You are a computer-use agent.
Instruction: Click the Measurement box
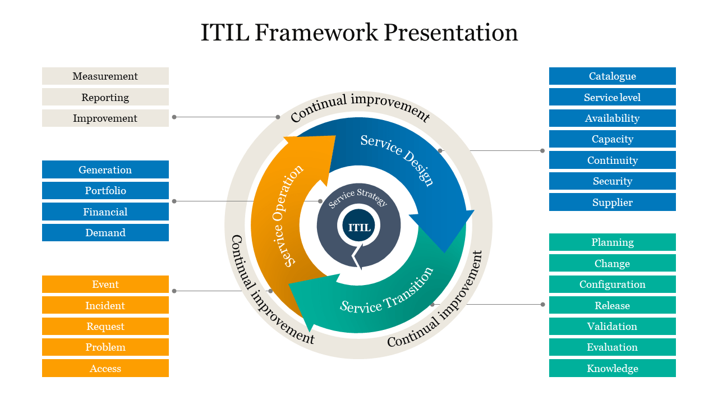click(x=105, y=76)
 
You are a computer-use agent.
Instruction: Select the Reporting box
click(x=105, y=97)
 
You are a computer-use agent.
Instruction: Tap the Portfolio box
click(x=105, y=191)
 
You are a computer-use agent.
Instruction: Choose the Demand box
click(x=105, y=233)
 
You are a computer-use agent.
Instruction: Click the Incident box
click(x=105, y=306)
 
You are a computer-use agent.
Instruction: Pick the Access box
click(x=105, y=369)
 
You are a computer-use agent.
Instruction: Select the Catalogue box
click(x=612, y=76)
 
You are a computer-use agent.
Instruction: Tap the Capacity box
click(x=612, y=139)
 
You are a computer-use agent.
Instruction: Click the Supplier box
click(x=612, y=203)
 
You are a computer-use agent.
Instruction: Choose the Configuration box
click(x=612, y=284)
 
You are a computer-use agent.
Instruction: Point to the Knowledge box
click(x=612, y=369)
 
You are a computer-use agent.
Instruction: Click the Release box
click(x=612, y=306)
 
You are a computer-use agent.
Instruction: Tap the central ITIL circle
click(x=360, y=228)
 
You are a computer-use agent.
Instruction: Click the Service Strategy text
click(x=358, y=198)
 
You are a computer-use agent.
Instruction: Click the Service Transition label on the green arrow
click(x=387, y=291)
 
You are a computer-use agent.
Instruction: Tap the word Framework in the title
click(x=316, y=33)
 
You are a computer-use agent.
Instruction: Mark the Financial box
click(x=105, y=212)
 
